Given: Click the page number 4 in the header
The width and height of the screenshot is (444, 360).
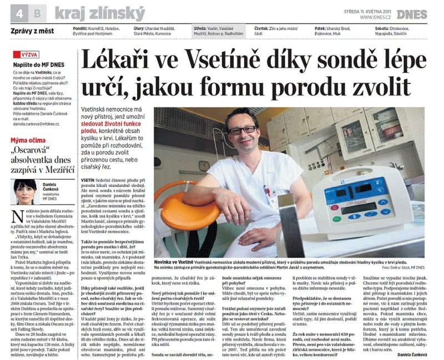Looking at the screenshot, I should click(x=20, y=11).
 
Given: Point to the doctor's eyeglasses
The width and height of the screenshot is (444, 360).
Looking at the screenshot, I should click(x=243, y=129).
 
